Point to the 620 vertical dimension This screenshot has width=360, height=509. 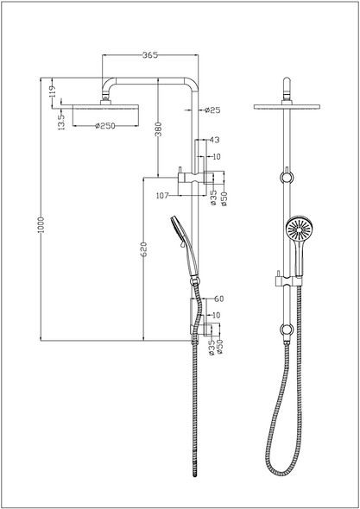145,250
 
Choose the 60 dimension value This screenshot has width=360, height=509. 218,298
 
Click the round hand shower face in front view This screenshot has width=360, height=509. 295,229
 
